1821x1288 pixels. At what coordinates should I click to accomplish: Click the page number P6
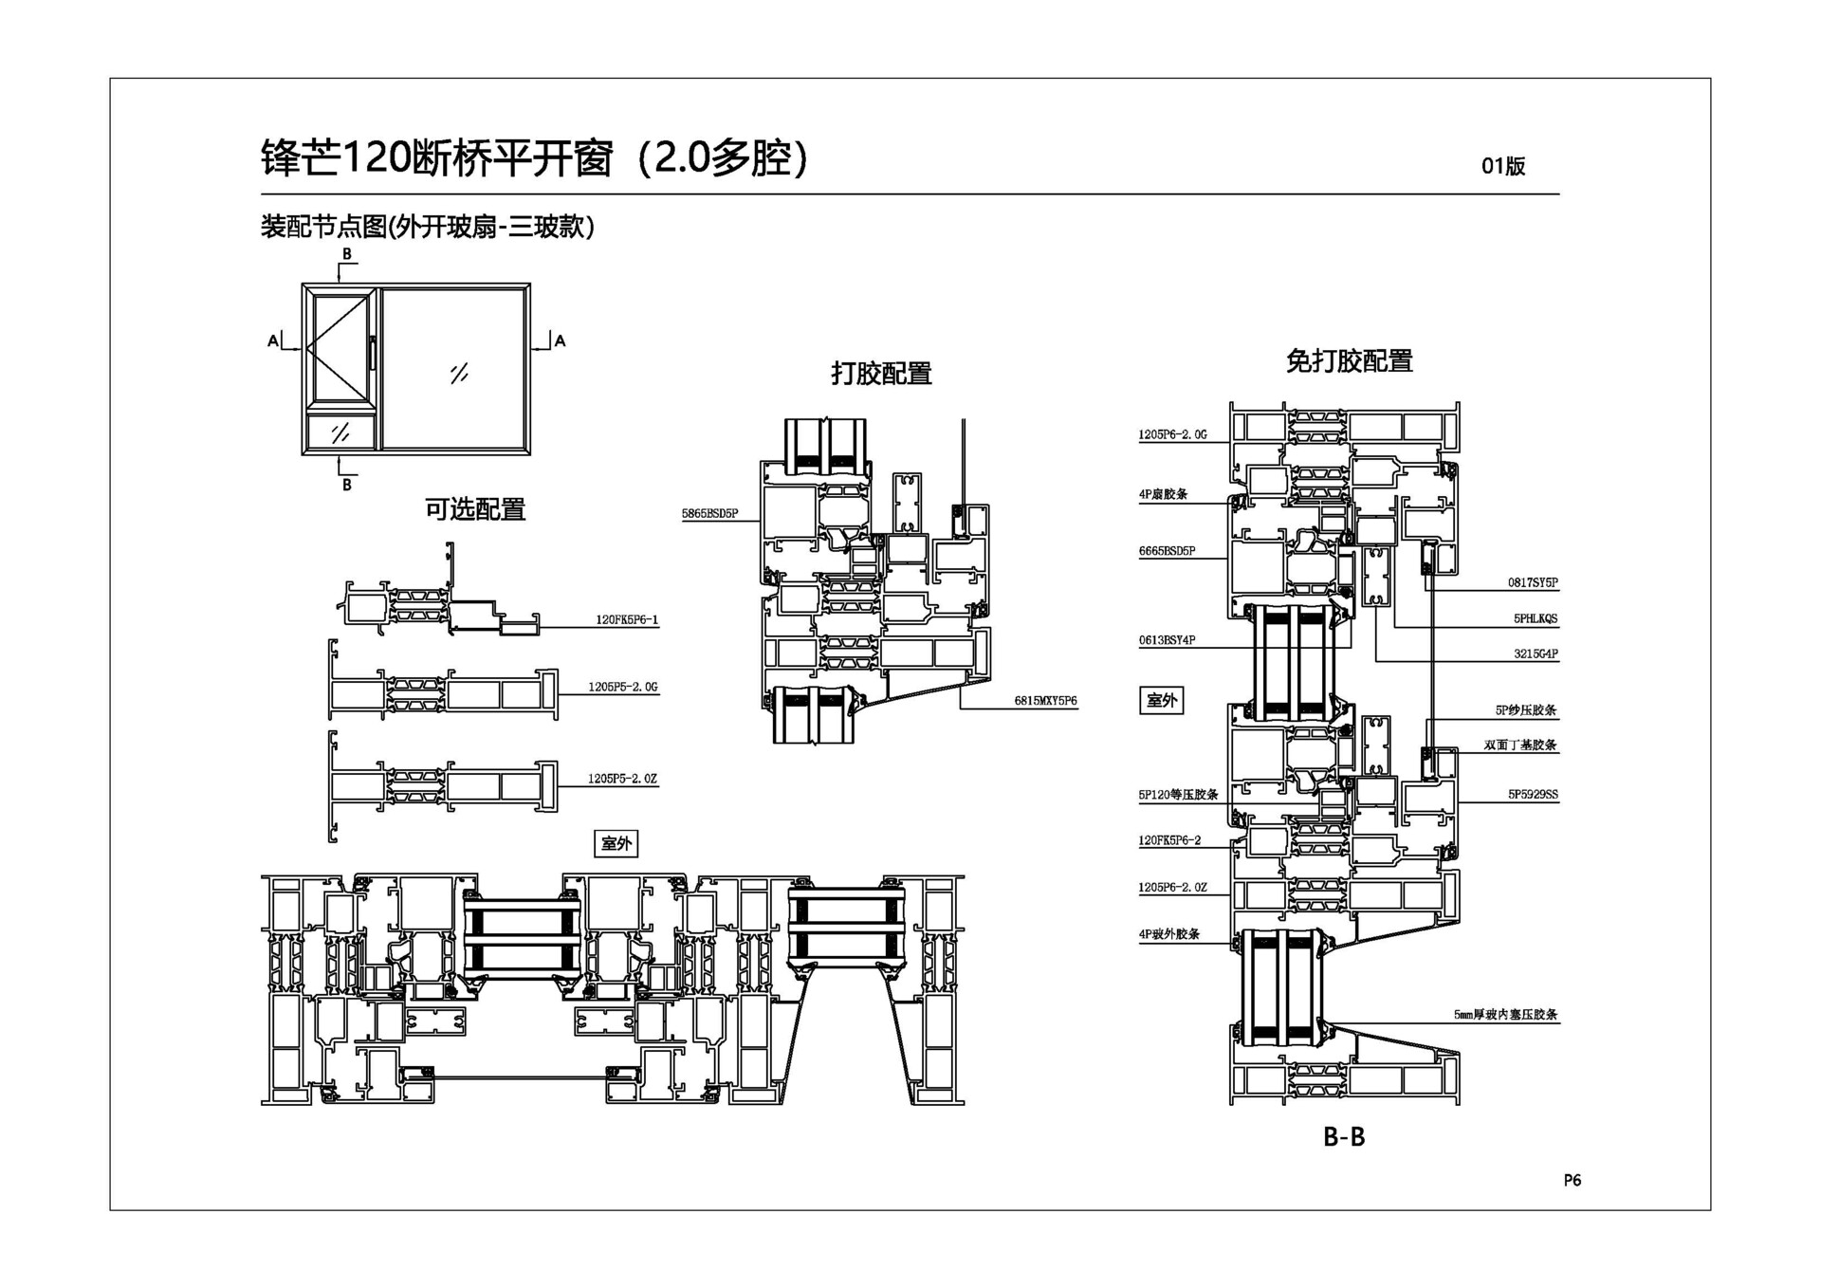1572,1180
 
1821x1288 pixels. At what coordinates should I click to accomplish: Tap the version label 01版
1503,166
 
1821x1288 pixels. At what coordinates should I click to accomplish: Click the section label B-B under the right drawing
1344,1136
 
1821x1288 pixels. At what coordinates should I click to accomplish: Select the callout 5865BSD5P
709,514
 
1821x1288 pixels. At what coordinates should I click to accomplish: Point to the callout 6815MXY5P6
1045,701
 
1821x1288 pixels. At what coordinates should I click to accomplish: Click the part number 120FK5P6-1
626,620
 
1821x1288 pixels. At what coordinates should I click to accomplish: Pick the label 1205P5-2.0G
622,687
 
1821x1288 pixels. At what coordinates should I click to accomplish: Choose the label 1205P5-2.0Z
622,779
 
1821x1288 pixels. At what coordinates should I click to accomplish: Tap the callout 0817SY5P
1533,582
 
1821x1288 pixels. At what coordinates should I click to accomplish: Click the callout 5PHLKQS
1536,618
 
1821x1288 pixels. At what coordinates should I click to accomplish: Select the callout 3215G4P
1536,654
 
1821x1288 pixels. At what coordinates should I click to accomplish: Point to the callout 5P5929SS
1533,795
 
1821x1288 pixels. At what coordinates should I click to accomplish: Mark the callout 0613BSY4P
1167,640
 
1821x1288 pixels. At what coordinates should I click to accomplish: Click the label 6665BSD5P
1167,551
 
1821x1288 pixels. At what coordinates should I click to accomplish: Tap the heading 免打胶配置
1349,361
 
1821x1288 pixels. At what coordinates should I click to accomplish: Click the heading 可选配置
474,510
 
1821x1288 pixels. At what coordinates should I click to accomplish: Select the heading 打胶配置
881,374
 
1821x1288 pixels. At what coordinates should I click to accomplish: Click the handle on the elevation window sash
373,353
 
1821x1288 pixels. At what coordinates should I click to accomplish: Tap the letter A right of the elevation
560,340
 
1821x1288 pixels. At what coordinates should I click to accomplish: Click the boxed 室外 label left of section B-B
1161,700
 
